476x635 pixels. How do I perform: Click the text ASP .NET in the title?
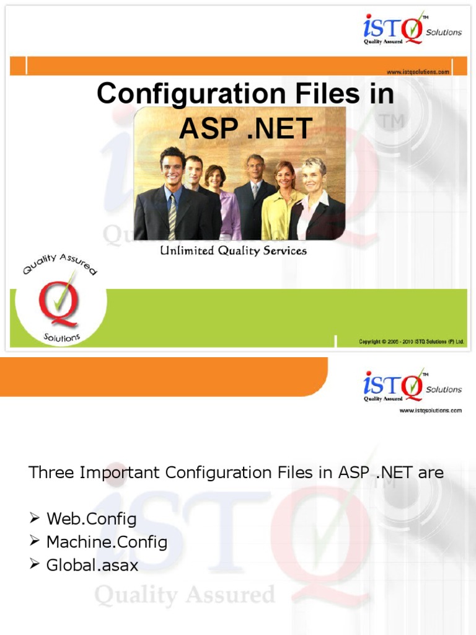click(245, 128)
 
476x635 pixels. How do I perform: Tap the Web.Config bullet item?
click(91, 518)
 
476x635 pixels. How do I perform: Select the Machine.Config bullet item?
click(107, 542)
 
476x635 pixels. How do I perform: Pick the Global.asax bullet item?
click(92, 566)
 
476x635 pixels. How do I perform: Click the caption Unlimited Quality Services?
click(234, 251)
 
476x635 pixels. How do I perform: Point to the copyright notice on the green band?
click(411, 342)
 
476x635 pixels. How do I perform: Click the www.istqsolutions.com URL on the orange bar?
click(418, 72)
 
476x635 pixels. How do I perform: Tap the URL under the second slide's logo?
click(430, 411)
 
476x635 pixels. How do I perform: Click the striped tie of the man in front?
click(172, 217)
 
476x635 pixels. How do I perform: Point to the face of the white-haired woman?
click(311, 175)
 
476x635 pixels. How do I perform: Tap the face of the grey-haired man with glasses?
click(255, 166)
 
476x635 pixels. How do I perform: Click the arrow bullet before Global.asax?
click(35, 565)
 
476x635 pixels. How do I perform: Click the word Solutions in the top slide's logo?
click(443, 32)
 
